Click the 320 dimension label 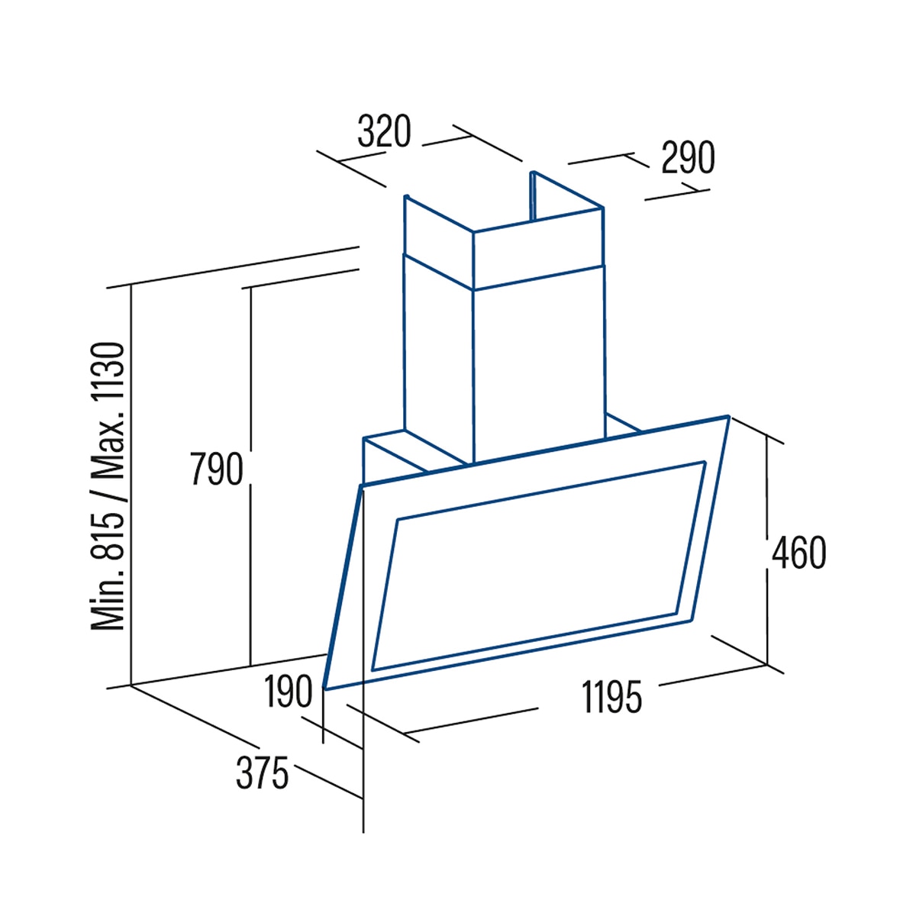[384, 131]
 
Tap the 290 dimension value [688, 157]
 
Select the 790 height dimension [217, 469]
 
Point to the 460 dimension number [798, 553]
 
